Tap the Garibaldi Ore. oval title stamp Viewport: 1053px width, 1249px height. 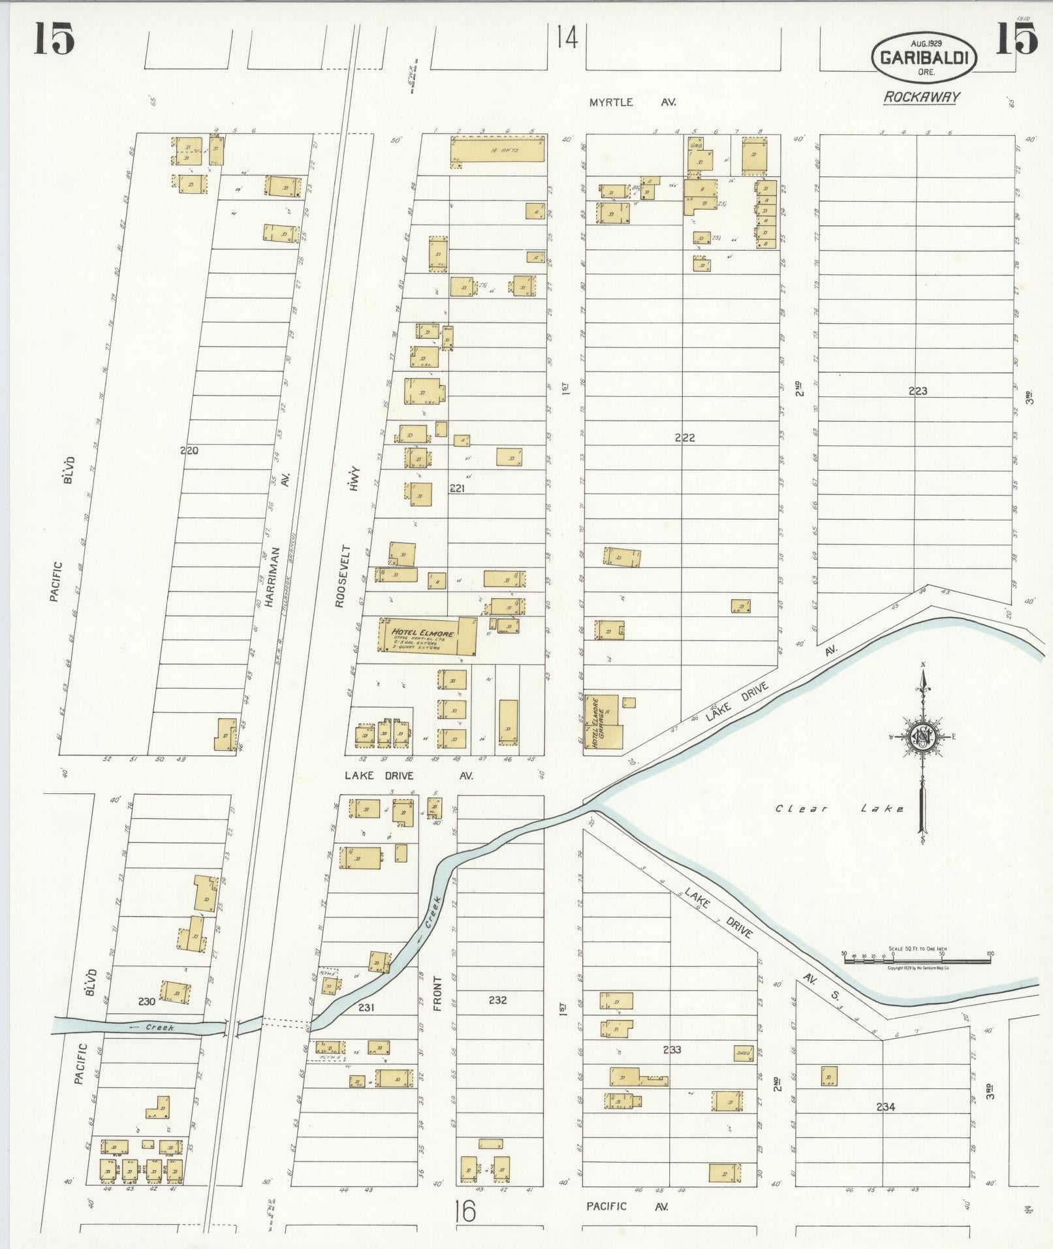[x=924, y=58]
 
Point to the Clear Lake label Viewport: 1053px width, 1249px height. [x=840, y=808]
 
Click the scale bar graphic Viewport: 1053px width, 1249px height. [x=917, y=960]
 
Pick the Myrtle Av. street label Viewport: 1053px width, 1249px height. [x=631, y=103]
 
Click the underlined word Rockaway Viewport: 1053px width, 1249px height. [x=922, y=97]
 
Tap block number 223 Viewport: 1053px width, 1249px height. [x=917, y=391]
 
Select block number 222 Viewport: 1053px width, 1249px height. [x=684, y=437]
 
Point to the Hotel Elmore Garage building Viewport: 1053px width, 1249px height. [x=603, y=721]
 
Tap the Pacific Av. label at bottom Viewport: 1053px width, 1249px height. [x=626, y=1206]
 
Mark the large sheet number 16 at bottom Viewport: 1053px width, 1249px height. [x=466, y=1212]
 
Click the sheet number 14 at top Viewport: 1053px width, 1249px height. [x=568, y=39]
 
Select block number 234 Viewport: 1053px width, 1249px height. [x=885, y=1107]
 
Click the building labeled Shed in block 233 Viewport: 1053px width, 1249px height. [x=744, y=1053]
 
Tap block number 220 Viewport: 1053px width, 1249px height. [x=189, y=450]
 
